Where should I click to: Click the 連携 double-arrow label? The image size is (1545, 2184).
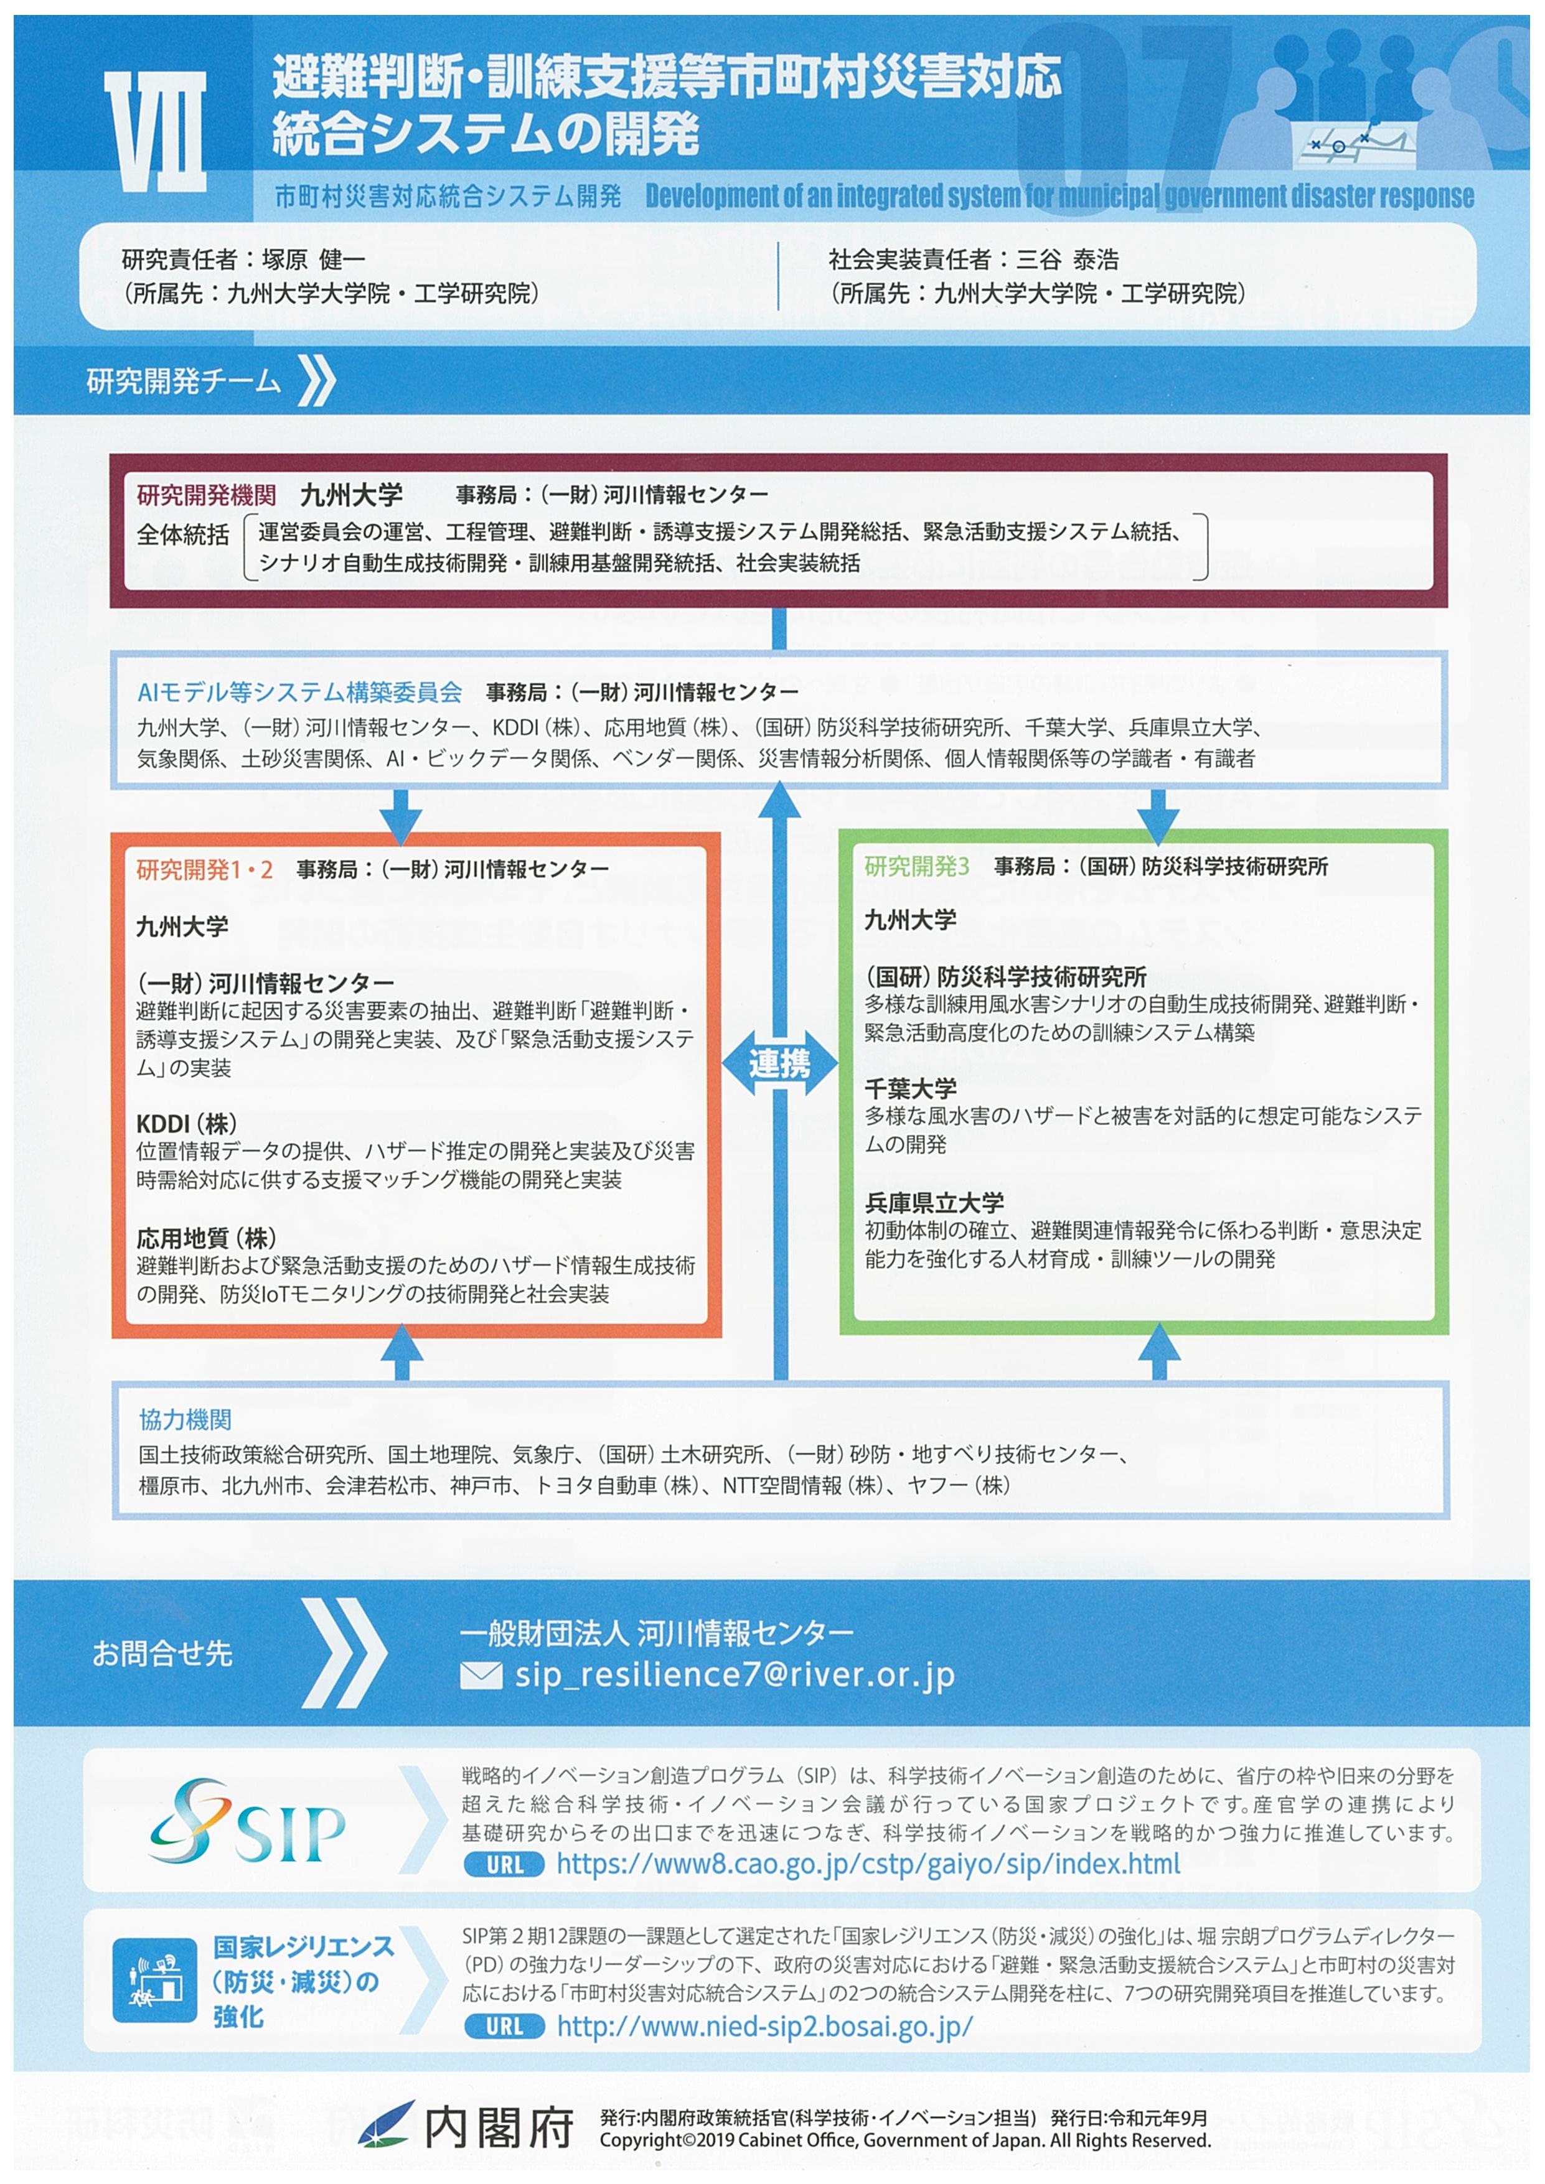[x=779, y=1063]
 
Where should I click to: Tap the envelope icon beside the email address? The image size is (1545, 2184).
[x=481, y=1675]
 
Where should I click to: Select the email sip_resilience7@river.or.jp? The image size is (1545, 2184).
[x=735, y=1675]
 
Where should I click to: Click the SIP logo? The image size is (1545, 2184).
[x=247, y=1822]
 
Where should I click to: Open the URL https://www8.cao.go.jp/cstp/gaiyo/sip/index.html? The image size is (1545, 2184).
[x=868, y=1864]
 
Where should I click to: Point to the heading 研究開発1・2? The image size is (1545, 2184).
[x=205, y=869]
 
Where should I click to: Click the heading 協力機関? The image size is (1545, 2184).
[x=185, y=1419]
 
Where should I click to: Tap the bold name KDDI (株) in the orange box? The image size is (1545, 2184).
[x=187, y=1123]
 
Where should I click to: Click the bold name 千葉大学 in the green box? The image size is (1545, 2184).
[x=911, y=1088]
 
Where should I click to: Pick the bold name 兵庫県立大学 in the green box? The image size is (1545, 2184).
[x=934, y=1202]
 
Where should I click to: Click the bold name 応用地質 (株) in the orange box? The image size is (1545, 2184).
[x=207, y=1238]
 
